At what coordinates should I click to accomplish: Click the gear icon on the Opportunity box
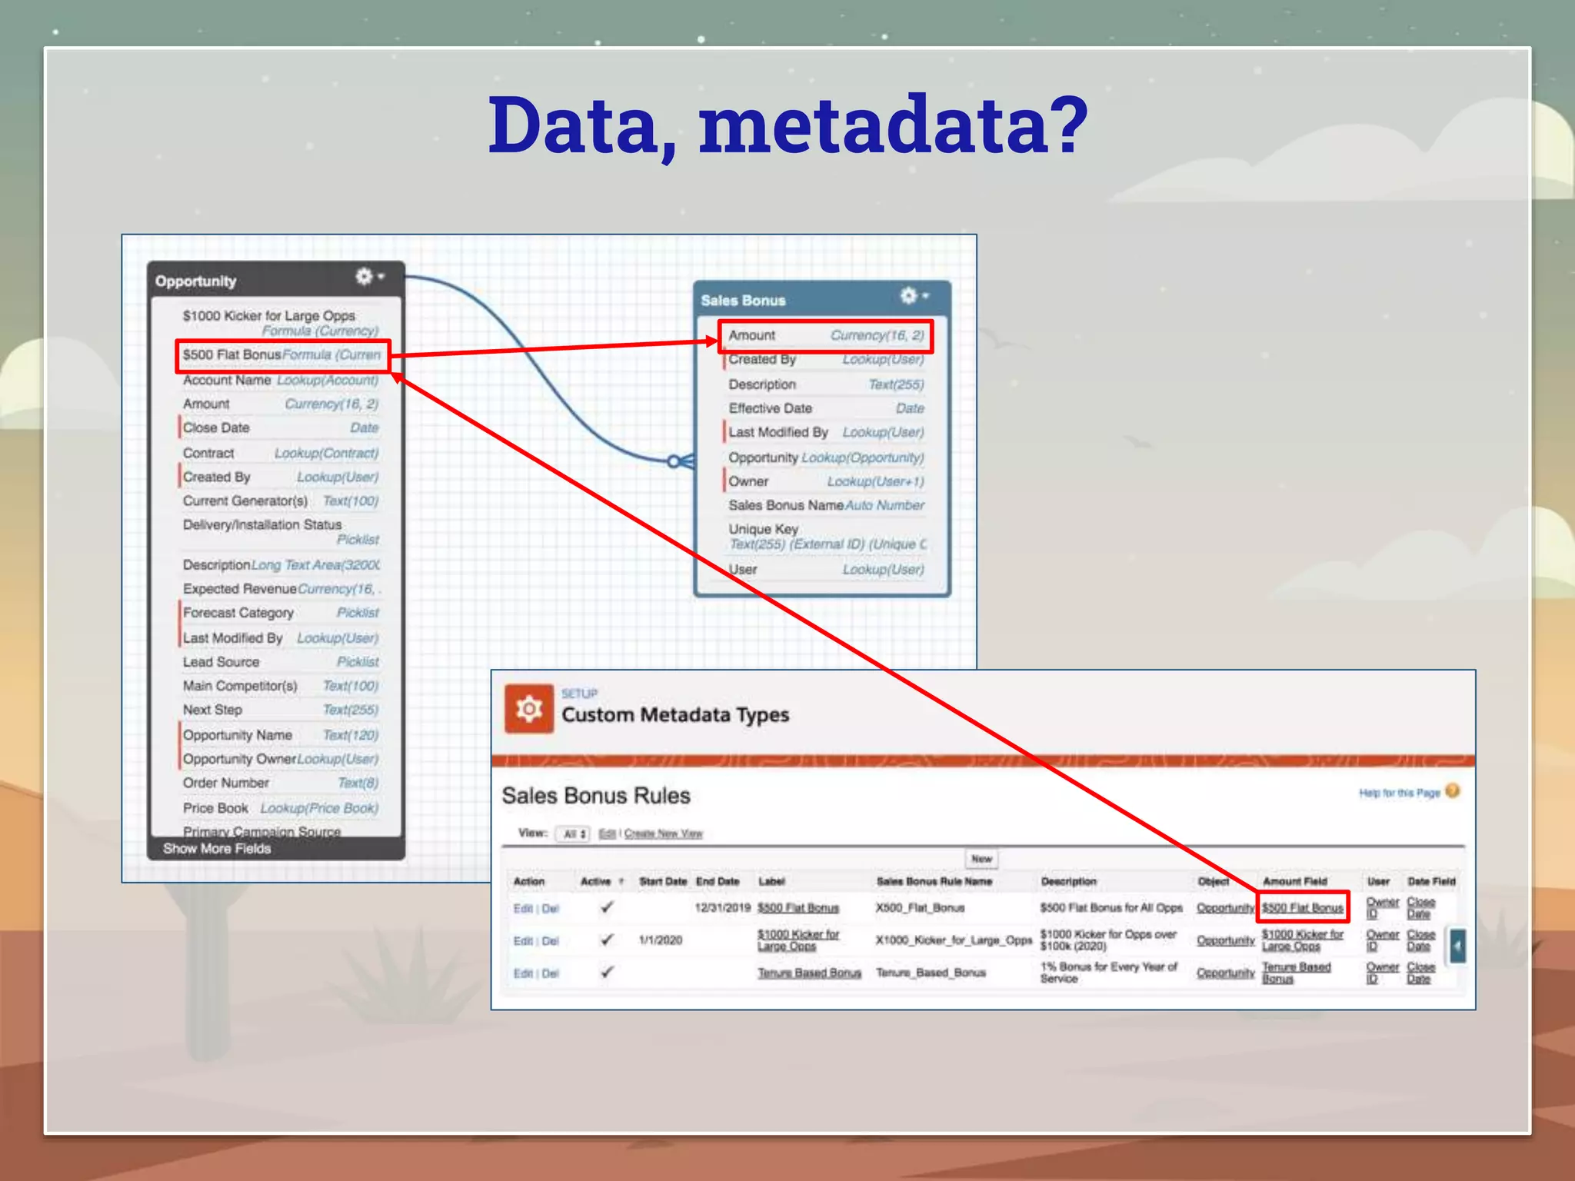pos(364,277)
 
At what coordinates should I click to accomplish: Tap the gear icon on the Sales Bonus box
pos(909,296)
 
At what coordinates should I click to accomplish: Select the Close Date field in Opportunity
pos(216,427)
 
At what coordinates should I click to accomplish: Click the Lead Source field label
pos(221,662)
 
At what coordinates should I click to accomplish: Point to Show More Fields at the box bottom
pos(217,849)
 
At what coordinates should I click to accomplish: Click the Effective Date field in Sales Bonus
pos(771,408)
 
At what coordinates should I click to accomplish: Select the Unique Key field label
pos(763,529)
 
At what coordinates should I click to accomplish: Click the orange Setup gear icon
pos(529,708)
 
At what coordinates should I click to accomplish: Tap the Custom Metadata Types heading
pos(675,715)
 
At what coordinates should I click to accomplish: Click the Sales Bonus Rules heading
pos(596,796)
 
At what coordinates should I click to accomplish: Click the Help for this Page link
pos(1399,793)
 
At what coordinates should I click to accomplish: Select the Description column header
pos(1068,881)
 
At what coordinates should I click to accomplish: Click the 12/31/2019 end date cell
pos(722,908)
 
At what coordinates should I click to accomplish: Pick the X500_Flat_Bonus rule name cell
pos(920,908)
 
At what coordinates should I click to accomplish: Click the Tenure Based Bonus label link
pos(809,973)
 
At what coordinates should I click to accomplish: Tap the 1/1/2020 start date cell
pos(661,940)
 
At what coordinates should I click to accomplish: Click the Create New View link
pos(663,833)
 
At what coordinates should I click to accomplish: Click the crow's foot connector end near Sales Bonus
pos(681,461)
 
